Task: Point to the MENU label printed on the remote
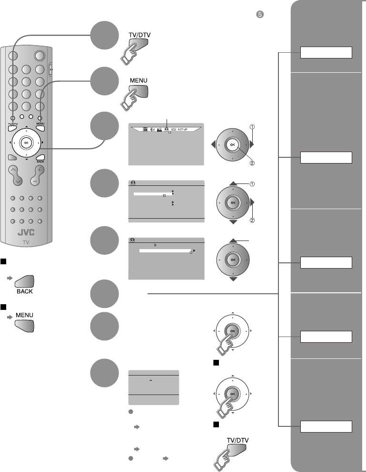click(40, 124)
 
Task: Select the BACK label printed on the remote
click(40, 162)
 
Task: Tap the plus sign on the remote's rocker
click(40, 170)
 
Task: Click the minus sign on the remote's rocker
click(40, 181)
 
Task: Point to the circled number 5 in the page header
click(258, 14)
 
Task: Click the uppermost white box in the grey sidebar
click(326, 52)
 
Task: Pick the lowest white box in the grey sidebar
click(326, 426)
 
